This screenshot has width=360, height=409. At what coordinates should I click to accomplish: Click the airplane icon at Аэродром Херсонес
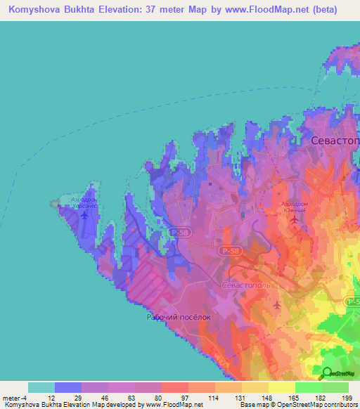85,214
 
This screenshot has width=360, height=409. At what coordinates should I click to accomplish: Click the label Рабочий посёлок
178,317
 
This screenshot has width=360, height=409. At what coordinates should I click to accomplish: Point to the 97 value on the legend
174,398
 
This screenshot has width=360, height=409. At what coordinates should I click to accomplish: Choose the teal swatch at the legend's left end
41,387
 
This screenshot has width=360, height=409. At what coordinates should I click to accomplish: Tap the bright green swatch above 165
308,387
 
